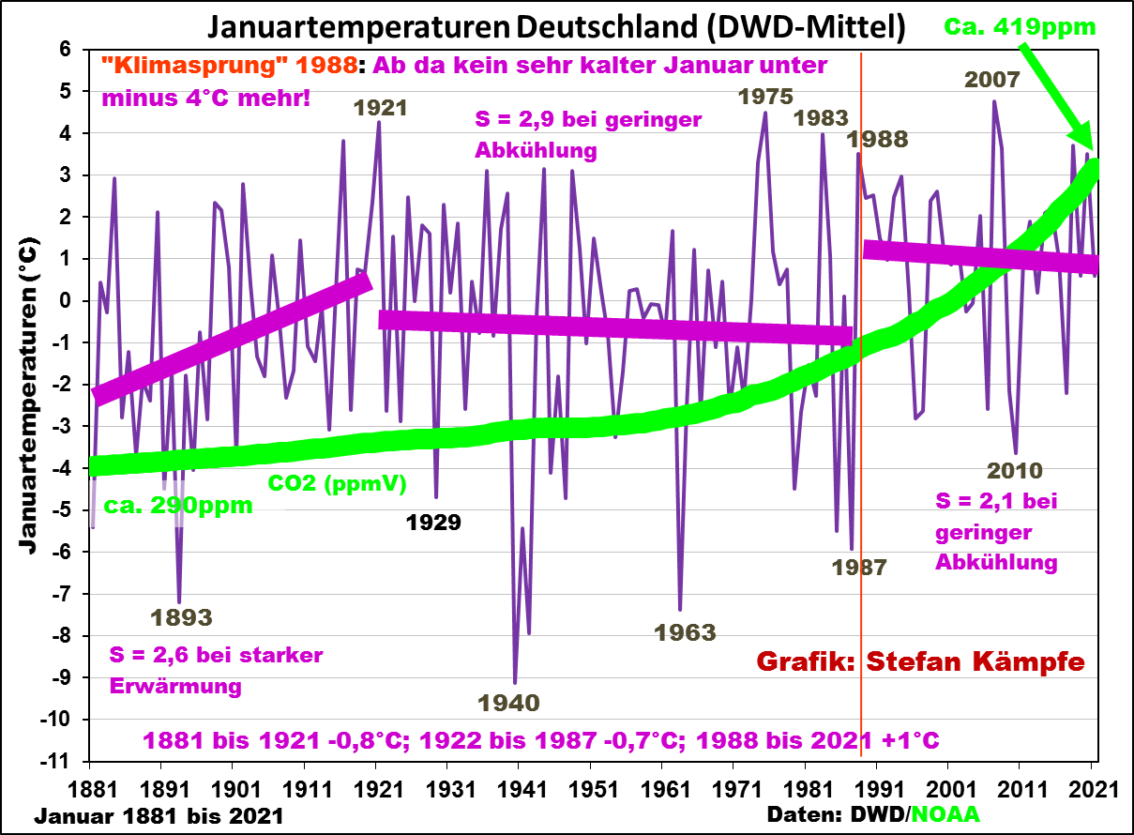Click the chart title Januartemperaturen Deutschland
point(556,27)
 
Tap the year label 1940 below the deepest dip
point(509,702)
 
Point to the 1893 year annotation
point(181,617)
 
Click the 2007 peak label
point(991,80)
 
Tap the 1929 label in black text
point(433,523)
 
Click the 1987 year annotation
point(859,567)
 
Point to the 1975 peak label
point(765,96)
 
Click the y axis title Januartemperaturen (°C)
point(28,394)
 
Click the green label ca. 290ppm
point(177,507)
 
